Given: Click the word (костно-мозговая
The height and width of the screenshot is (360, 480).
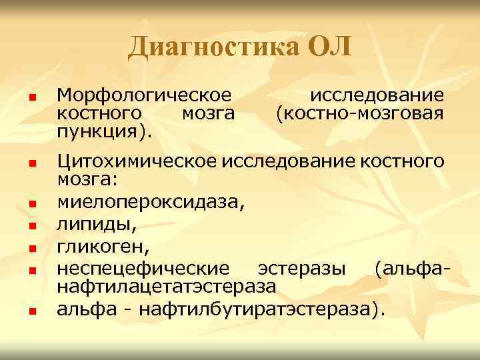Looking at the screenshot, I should pos(360,113).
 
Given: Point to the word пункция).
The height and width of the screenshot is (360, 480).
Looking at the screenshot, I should pos(105,129).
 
